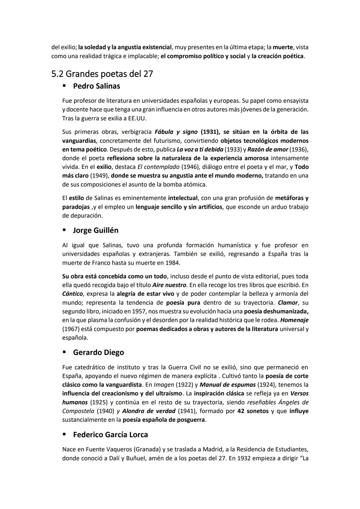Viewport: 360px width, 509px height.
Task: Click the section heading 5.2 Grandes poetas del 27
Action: [x=102, y=74]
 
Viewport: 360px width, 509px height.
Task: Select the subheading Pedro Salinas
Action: [x=96, y=86]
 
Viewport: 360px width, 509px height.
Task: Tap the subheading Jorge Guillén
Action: [x=95, y=230]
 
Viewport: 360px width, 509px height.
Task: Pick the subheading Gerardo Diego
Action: [x=98, y=352]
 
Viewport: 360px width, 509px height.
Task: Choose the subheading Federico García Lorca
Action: [x=110, y=435]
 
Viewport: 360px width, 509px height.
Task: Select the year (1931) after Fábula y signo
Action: [x=208, y=132]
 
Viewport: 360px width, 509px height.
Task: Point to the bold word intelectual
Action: [x=183, y=198]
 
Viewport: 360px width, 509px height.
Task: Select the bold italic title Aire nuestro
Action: [x=169, y=285]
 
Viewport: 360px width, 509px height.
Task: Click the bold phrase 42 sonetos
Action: [x=253, y=411]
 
